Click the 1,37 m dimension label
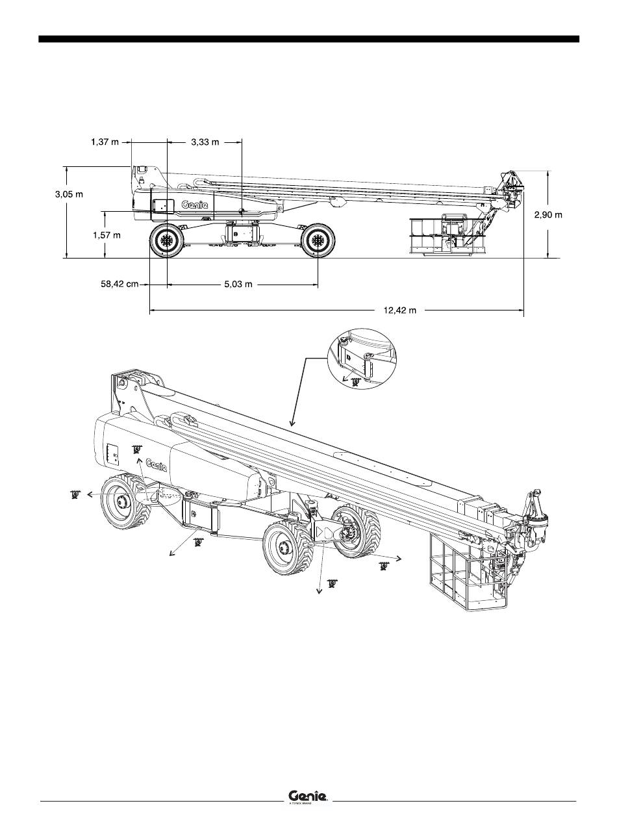coord(105,142)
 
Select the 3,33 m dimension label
coord(205,142)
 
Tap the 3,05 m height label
coord(69,194)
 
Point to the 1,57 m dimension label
coord(107,236)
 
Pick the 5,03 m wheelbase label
coord(233,285)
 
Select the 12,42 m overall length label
coord(399,310)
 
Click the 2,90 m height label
coord(548,214)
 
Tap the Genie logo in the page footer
coord(308,796)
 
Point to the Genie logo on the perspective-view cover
coord(157,464)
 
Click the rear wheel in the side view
coord(167,241)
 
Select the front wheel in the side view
coord(318,241)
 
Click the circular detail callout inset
coord(362,359)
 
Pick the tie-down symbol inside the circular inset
coord(355,382)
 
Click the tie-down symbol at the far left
coord(75,495)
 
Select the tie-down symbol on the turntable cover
coord(136,449)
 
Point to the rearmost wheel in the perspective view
coord(124,500)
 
